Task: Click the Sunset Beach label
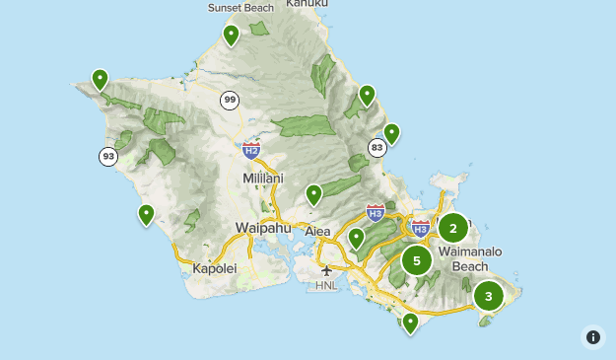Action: [x=240, y=8]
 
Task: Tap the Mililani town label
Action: [x=263, y=179]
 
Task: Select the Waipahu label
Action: [x=260, y=228]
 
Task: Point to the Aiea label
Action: [x=317, y=231]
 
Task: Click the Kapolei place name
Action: [x=215, y=268]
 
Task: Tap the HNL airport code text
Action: [x=326, y=286]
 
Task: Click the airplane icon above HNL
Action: [x=326, y=270]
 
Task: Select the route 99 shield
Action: [x=230, y=100]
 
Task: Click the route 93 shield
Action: [x=107, y=156]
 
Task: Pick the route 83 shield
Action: [x=376, y=147]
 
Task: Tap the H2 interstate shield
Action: [x=251, y=150]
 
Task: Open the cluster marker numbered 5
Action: [x=417, y=261]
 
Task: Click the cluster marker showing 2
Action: [x=453, y=229]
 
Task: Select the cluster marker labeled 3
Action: [x=488, y=295]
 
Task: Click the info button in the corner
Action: [x=593, y=337]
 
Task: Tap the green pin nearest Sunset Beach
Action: [x=231, y=36]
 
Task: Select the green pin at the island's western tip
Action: [x=100, y=79]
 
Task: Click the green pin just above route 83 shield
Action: [x=391, y=133]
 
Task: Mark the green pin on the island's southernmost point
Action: [x=410, y=323]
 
